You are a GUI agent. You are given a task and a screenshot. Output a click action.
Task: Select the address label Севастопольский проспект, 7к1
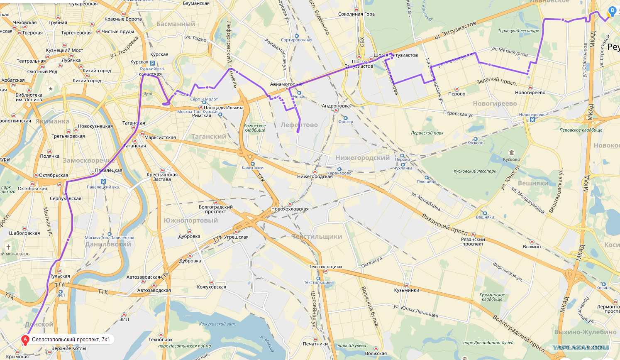(71, 340)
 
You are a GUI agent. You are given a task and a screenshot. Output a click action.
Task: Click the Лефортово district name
(299, 125)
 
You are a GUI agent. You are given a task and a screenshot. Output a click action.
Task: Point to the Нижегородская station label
(315, 176)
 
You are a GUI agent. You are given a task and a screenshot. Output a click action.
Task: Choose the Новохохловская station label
(290, 209)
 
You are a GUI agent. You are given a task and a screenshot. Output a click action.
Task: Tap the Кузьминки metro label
(406, 290)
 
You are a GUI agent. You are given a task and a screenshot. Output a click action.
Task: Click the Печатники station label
(315, 344)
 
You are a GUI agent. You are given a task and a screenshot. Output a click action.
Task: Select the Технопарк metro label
(160, 340)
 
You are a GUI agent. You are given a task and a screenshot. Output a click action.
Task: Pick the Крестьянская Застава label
(162, 177)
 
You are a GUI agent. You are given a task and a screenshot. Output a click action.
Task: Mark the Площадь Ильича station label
(223, 108)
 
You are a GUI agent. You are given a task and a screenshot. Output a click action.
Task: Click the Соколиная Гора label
(356, 14)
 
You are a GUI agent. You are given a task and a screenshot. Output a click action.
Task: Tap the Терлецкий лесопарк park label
(518, 31)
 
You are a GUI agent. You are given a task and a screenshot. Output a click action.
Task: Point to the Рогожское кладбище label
(254, 128)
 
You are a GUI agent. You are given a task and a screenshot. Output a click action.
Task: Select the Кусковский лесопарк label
(475, 171)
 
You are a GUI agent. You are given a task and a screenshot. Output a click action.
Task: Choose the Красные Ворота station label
(123, 19)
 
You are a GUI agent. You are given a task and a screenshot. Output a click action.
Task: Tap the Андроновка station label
(336, 106)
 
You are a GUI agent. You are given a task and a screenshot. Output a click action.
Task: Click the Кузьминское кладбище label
(492, 297)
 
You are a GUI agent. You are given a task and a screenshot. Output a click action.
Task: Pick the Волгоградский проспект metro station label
(215, 209)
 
